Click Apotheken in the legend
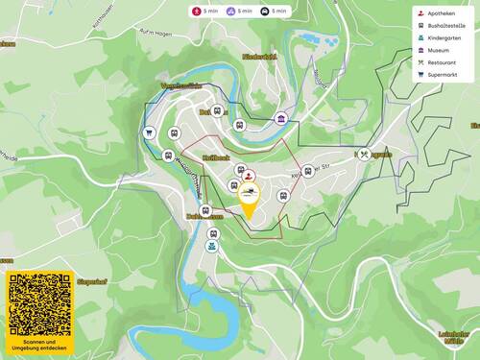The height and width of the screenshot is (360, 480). pos(441,14)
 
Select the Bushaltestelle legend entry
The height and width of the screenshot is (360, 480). pos(444,27)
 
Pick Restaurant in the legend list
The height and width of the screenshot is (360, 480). pos(441,62)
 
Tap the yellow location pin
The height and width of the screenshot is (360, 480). pos(250,200)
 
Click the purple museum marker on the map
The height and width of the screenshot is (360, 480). pos(280,118)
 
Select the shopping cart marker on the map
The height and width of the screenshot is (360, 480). pos(150,133)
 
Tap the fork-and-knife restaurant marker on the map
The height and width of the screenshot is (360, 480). pos(363,153)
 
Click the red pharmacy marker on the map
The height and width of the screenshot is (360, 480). pos(249,176)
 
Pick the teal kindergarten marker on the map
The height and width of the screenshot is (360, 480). pos(211,246)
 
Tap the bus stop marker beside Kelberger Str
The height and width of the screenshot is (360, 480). pos(283,196)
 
